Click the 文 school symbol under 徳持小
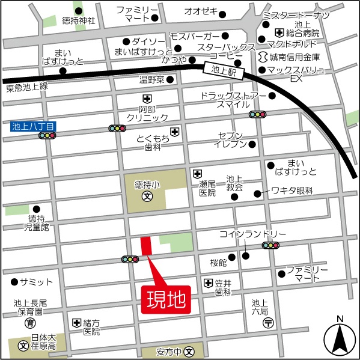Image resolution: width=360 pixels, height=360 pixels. (x=146, y=196)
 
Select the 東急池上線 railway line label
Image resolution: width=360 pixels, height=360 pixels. (x=26, y=88)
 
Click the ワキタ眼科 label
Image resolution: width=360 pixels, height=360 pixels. (x=292, y=191)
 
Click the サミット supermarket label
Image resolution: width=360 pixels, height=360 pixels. (x=36, y=281)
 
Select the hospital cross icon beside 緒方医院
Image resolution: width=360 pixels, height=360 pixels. (x=76, y=323)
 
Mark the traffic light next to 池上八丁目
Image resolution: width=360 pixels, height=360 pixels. (x=47, y=136)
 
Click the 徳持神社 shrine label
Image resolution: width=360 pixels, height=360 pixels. (x=79, y=20)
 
